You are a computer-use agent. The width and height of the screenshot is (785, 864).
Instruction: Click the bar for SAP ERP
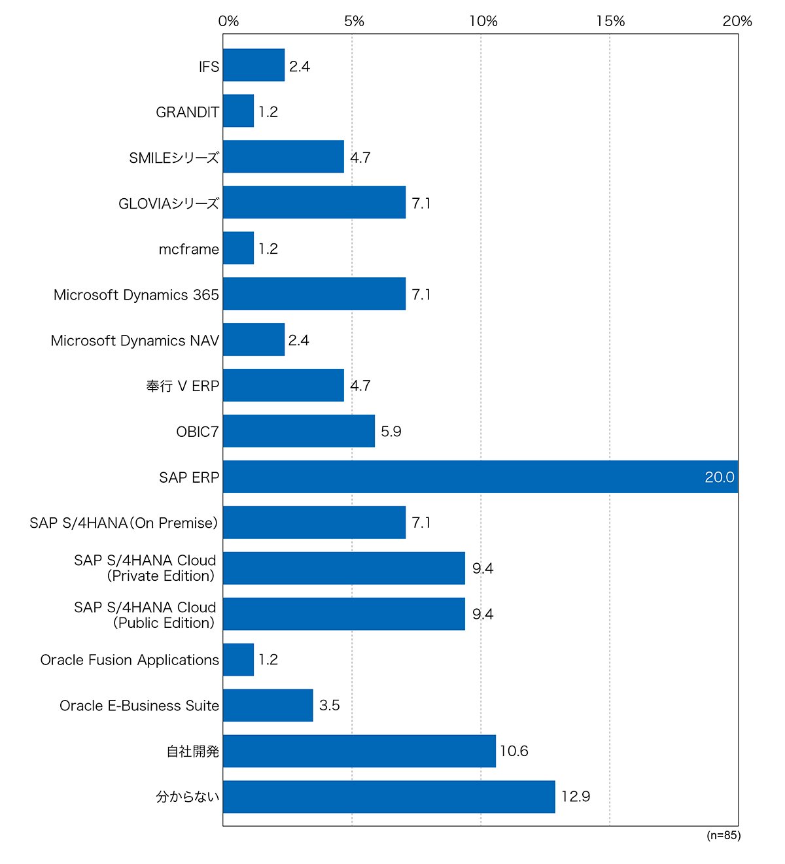(x=480, y=476)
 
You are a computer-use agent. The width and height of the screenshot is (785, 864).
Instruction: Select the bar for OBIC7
(x=299, y=431)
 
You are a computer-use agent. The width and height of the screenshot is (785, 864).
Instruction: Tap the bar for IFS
(x=254, y=65)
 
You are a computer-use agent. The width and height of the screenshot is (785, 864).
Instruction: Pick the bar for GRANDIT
(x=238, y=111)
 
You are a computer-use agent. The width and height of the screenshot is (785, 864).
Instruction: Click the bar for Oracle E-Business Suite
(x=268, y=705)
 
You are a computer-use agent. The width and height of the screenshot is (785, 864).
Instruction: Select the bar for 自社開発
(x=359, y=751)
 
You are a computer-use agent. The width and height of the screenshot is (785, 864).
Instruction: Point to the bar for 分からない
(x=389, y=797)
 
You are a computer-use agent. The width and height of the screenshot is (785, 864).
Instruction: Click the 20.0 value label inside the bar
(x=719, y=477)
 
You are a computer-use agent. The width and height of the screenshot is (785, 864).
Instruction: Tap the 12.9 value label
(x=575, y=797)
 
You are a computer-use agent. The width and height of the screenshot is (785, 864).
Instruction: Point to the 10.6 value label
(x=514, y=751)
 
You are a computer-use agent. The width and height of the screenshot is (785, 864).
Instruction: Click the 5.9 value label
(x=391, y=431)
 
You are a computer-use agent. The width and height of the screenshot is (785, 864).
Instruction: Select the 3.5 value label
(x=329, y=705)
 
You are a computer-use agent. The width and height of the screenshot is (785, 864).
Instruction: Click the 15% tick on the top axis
(x=610, y=21)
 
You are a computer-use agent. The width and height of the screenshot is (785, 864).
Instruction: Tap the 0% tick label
(x=228, y=21)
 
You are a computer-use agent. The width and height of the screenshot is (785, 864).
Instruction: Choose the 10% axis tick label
(x=483, y=21)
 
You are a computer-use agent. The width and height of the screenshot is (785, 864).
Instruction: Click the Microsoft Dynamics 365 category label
(x=136, y=294)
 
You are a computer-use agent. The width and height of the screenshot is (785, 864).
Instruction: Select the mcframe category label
(x=188, y=249)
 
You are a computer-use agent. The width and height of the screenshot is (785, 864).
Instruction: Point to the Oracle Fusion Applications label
(x=130, y=660)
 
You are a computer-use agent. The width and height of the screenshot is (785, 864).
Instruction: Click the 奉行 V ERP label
(x=183, y=385)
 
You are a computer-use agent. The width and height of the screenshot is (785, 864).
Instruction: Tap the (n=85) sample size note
(x=724, y=835)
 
